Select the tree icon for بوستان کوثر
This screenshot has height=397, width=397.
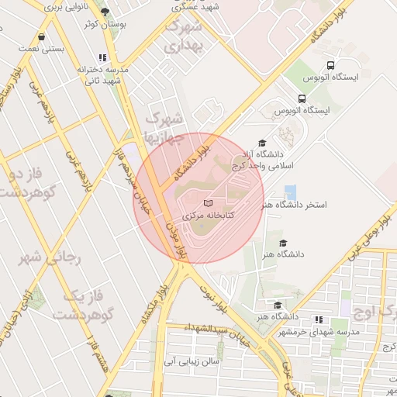(105, 12)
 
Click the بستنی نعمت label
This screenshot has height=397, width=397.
(41, 48)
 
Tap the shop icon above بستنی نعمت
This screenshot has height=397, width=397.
(40, 36)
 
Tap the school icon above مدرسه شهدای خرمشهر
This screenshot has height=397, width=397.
(319, 319)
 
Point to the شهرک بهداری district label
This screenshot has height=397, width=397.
(185, 36)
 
